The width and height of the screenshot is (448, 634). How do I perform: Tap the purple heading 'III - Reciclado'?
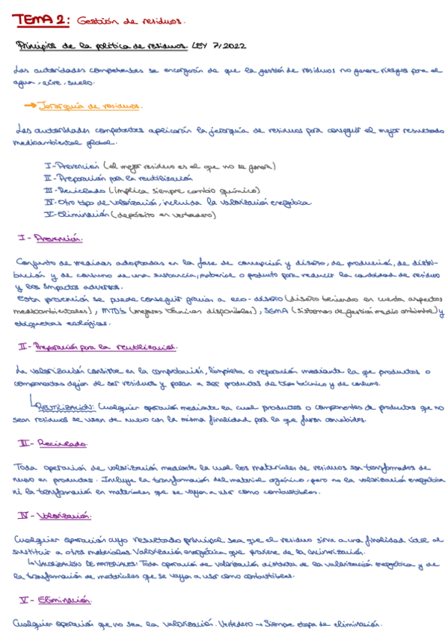click(x=49, y=444)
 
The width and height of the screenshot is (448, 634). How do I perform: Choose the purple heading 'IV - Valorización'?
click(x=52, y=516)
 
